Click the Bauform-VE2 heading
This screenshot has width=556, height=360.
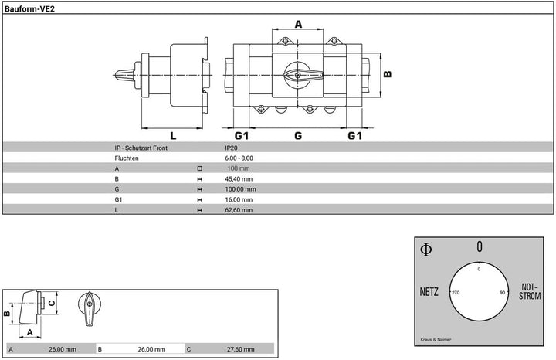[29, 9]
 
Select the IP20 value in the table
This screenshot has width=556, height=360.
[231, 148]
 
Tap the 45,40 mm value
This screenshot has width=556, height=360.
[239, 178]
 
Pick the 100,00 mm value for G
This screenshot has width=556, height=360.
[240, 189]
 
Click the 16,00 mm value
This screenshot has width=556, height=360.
[239, 199]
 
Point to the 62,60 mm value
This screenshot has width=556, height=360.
[239, 209]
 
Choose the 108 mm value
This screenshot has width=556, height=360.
[239, 168]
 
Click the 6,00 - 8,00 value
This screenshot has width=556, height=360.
[239, 158]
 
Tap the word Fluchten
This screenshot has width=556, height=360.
[127, 158]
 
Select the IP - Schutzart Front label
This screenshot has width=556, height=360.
[141, 148]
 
